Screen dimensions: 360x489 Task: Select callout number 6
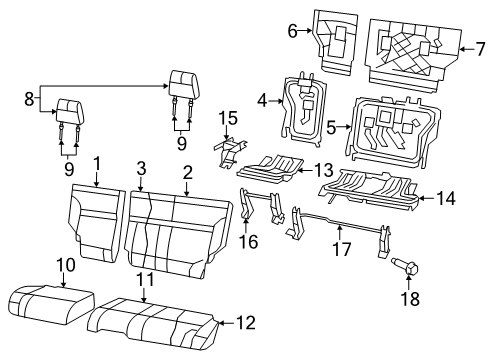click(294, 32)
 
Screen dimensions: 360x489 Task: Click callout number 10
click(65, 264)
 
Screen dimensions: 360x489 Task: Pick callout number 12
click(246, 322)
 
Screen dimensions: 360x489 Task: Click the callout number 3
click(141, 168)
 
